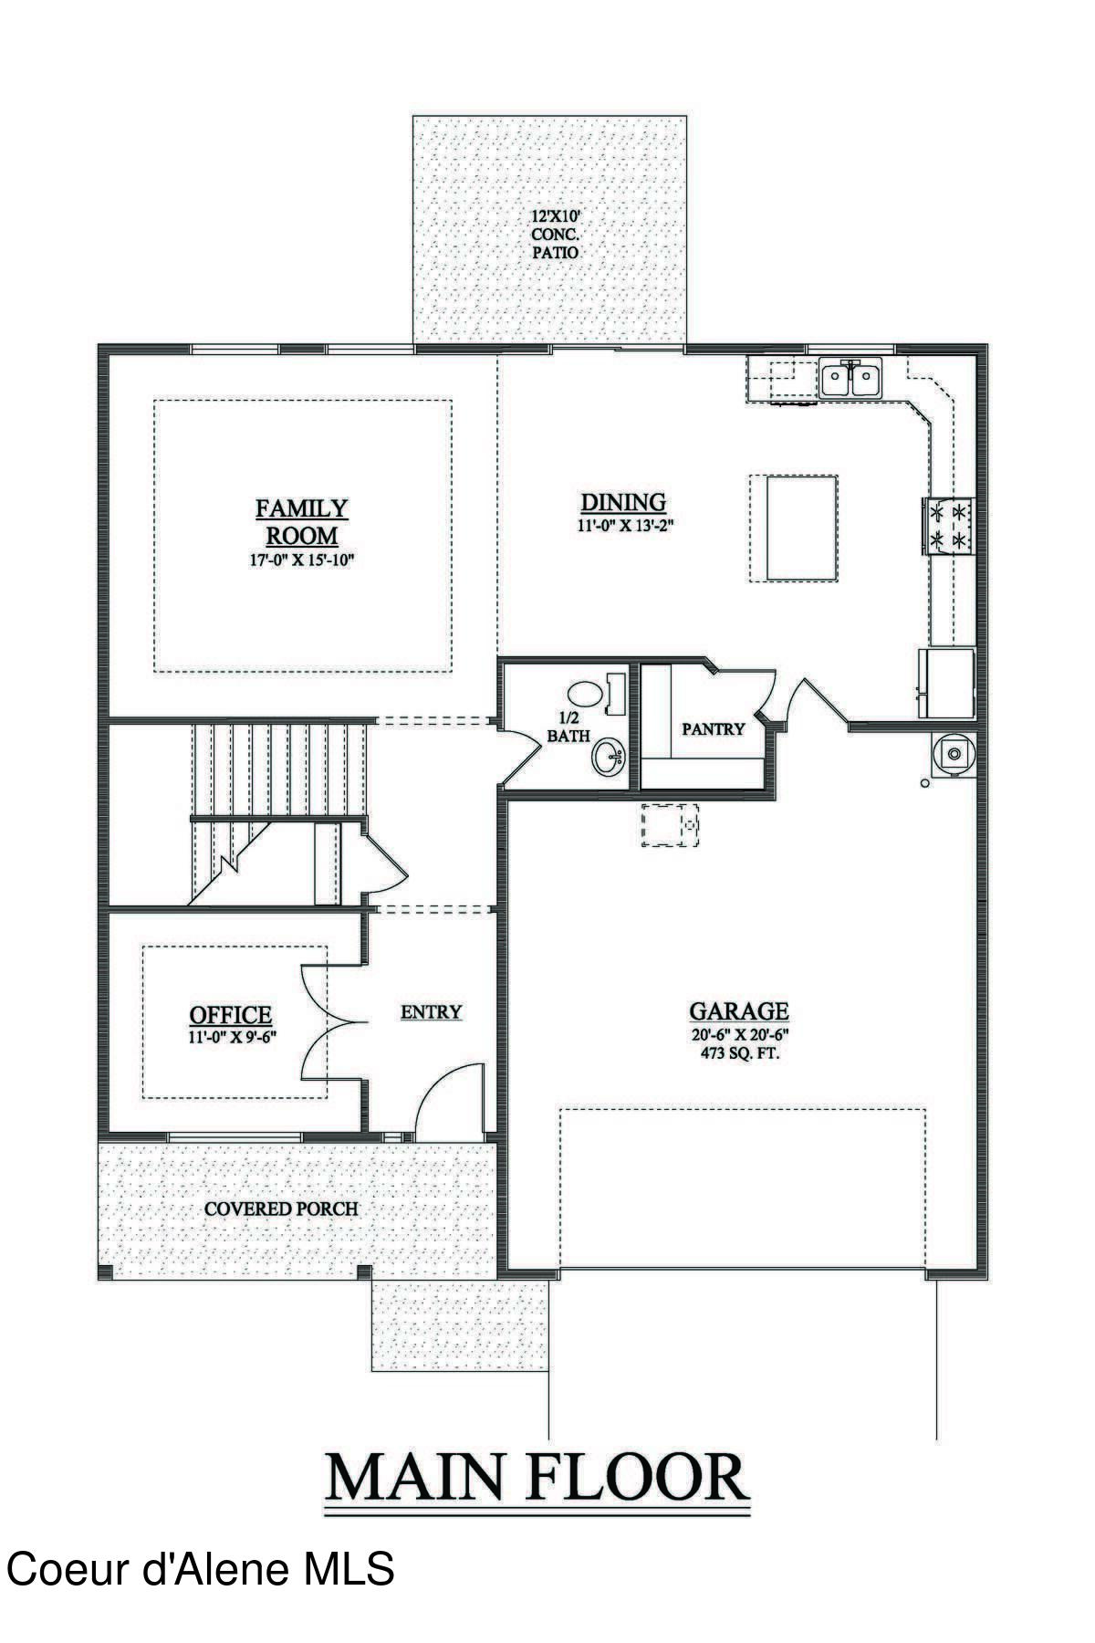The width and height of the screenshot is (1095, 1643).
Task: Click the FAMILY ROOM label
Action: [x=301, y=521]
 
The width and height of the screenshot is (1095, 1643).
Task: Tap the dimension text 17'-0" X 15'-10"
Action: [x=301, y=560]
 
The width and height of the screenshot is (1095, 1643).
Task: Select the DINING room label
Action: [x=624, y=502]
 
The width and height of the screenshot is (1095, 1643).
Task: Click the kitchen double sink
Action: [x=850, y=378]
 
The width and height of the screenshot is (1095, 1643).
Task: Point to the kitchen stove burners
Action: [x=948, y=527]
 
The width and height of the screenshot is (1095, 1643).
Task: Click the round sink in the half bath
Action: [x=609, y=757]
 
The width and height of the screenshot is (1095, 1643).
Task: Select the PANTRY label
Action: [x=713, y=729]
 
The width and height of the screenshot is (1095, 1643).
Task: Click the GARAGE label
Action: [x=739, y=1010]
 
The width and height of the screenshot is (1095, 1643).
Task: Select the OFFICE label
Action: [x=230, y=1014]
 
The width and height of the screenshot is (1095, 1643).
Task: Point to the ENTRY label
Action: [x=431, y=1011]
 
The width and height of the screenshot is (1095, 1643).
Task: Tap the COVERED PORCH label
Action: [x=281, y=1209]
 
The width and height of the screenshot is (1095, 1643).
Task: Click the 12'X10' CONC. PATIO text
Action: [x=556, y=235]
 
